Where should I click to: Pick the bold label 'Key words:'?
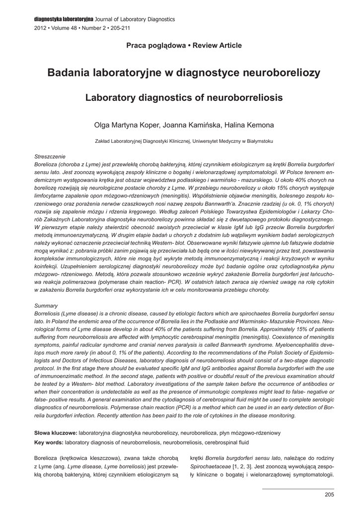click(x=49, y=442)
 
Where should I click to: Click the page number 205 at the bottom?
click(x=329, y=495)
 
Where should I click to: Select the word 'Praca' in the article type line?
click(x=137, y=46)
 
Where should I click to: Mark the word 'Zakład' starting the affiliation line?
click(x=103, y=141)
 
